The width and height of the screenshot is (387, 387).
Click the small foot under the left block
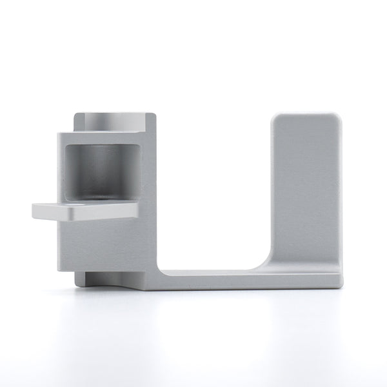tap(103, 279)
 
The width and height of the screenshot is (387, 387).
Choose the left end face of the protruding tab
tap(34, 212)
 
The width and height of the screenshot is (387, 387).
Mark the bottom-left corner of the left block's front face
tap(59, 269)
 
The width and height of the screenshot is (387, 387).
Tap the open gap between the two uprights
tap(213, 193)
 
